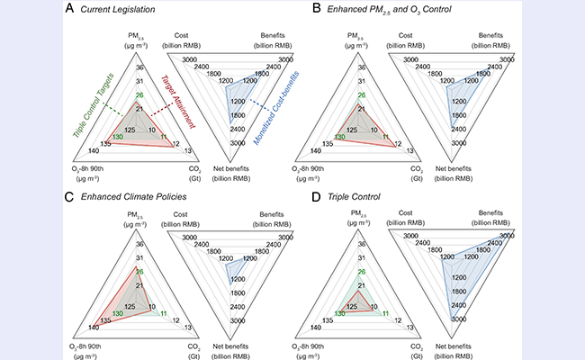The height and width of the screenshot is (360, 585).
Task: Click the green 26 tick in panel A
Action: (x=139, y=95)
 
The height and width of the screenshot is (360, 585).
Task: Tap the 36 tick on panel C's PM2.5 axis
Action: (x=139, y=243)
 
